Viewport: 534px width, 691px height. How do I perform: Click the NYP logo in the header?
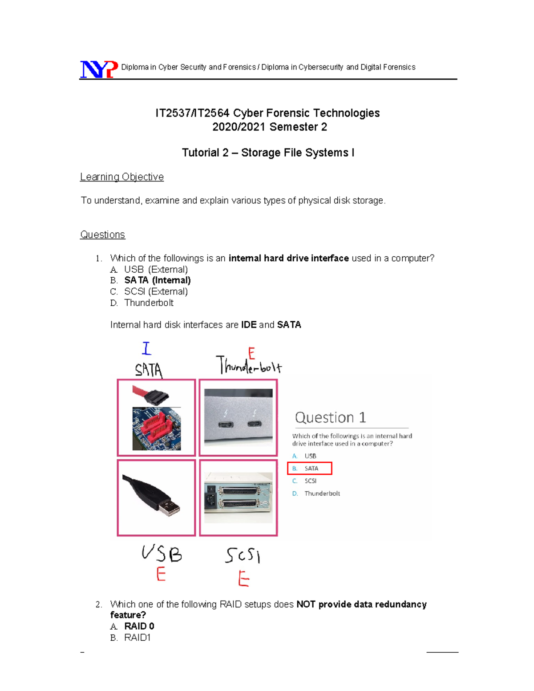coord(99,69)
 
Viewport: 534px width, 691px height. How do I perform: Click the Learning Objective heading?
coord(121,177)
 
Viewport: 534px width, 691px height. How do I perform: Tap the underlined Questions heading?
coord(102,234)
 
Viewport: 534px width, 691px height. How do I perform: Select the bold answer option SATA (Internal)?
coord(157,280)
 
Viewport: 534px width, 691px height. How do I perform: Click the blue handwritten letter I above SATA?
coord(146,348)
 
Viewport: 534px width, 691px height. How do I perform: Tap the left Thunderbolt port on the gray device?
coord(226,424)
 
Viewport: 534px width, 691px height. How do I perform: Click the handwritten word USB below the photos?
coord(162,554)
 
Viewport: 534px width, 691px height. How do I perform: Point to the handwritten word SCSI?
coord(243,555)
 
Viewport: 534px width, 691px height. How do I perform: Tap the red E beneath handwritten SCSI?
coord(243,579)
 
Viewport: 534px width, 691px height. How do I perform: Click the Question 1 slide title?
coord(330,417)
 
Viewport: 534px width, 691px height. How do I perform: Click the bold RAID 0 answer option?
coord(139,626)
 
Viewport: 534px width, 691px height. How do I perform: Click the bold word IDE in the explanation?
coord(249,325)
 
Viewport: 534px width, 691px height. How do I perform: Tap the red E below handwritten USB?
coord(161,574)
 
